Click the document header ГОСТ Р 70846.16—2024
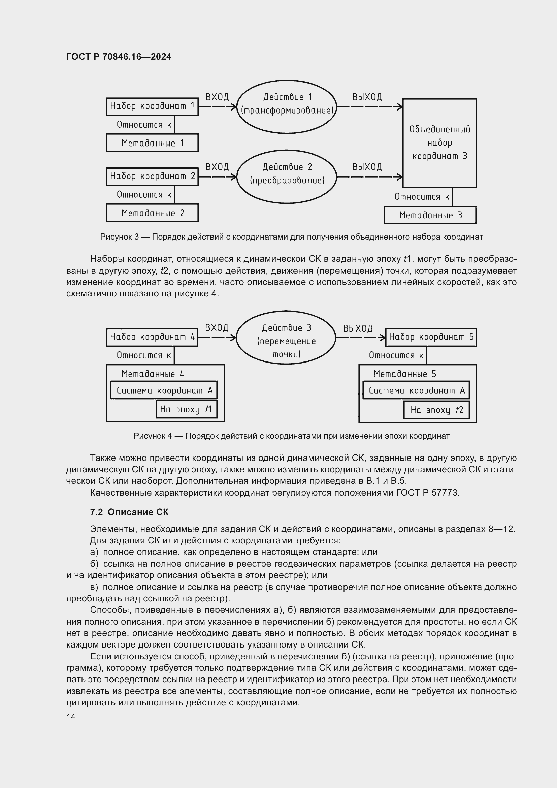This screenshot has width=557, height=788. coord(119,57)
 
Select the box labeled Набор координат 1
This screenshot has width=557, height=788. coord(152,106)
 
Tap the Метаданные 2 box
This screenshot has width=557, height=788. coord(152,213)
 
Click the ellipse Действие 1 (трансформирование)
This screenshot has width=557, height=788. coord(287,107)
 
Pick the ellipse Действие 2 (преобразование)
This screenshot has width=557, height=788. coord(287,177)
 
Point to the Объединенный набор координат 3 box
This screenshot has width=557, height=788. coord(439,143)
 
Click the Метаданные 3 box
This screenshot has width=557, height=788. coord(430,215)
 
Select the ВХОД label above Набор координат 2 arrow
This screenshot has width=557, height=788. coord(217,167)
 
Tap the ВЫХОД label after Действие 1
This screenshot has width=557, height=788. coord(367,97)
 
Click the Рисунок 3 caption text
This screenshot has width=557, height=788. coord(291,237)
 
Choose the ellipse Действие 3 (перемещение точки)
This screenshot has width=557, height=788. coord(286,338)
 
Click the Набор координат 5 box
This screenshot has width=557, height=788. coord(431,337)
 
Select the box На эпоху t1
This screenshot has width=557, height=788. coord(186,409)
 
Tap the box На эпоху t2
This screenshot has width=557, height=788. coord(436,410)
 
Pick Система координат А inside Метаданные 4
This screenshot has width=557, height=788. coord(164,390)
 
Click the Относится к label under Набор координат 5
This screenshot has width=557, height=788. coord(396,355)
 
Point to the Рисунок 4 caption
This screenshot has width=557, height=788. coord(291,436)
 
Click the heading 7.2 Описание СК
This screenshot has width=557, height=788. coord(129,512)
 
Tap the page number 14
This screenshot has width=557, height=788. coord(71,717)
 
